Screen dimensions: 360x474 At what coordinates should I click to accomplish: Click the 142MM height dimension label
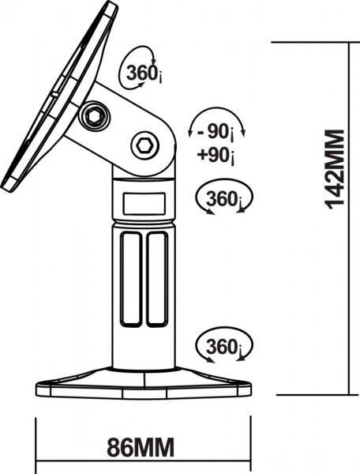click(335, 169)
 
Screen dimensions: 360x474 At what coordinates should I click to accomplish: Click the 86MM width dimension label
click(141, 447)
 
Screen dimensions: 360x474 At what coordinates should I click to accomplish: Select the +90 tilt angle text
click(216, 156)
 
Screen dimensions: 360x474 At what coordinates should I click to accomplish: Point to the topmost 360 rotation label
click(144, 73)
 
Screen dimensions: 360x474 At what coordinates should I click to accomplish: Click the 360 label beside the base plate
click(224, 347)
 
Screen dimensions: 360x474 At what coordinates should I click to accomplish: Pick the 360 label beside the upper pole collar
click(224, 199)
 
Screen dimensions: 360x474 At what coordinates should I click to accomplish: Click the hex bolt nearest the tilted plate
click(94, 116)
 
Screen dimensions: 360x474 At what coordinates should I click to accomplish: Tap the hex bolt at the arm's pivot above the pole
click(144, 145)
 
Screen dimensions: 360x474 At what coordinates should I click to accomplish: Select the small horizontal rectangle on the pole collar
click(144, 204)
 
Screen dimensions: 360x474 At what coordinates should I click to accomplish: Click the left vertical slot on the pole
click(131, 280)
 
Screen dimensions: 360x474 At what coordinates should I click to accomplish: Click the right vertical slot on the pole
click(157, 280)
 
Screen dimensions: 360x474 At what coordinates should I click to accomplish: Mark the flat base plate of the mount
click(144, 382)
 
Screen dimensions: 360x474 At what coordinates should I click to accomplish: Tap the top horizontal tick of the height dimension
click(315, 43)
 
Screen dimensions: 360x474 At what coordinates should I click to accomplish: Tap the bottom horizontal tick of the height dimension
click(317, 394)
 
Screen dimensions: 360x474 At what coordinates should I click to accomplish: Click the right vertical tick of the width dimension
click(250, 445)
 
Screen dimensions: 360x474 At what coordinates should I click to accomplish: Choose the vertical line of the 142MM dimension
click(350, 218)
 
